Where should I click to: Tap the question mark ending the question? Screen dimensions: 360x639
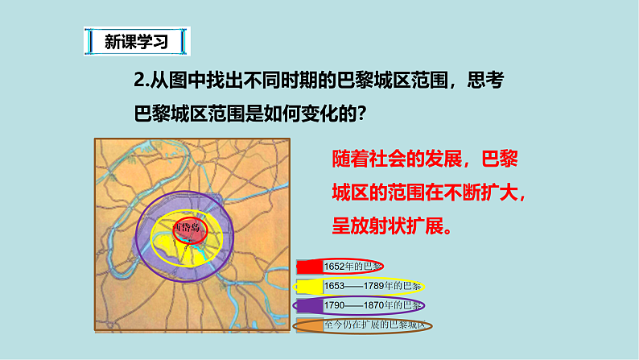pos(362,114)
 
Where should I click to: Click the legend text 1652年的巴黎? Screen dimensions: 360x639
pos(352,267)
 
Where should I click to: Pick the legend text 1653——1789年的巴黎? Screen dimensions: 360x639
pos(373,286)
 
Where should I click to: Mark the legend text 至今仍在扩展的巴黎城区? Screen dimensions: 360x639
pos(377,325)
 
